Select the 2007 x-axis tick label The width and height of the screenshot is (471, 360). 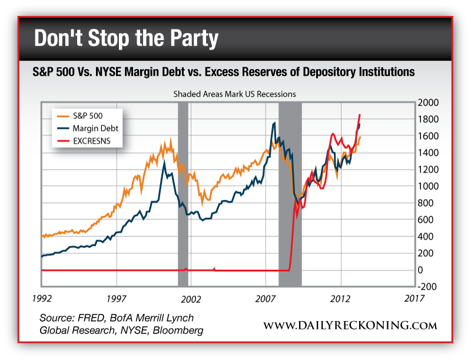pyautogui.click(x=266, y=299)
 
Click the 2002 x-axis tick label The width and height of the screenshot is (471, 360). pyautogui.click(x=191, y=299)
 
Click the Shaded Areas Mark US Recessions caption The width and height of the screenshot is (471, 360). pyautogui.click(x=234, y=94)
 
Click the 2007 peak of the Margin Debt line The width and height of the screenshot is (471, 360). pyautogui.click(x=274, y=123)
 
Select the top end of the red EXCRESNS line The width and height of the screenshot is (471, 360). pyautogui.click(x=359, y=114)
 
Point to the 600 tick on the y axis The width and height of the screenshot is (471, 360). pyautogui.click(x=426, y=220)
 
